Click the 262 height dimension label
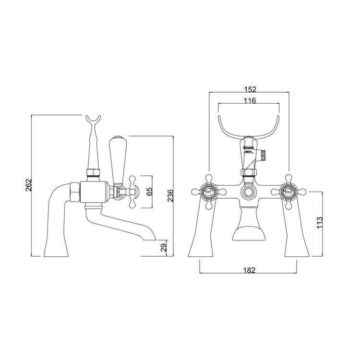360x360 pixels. click(x=28, y=185)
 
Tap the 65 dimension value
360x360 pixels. click(x=149, y=191)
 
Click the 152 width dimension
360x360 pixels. click(x=248, y=89)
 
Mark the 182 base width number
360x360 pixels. click(x=248, y=270)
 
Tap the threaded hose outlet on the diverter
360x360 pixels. click(x=264, y=155)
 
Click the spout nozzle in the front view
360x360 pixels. click(x=249, y=234)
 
